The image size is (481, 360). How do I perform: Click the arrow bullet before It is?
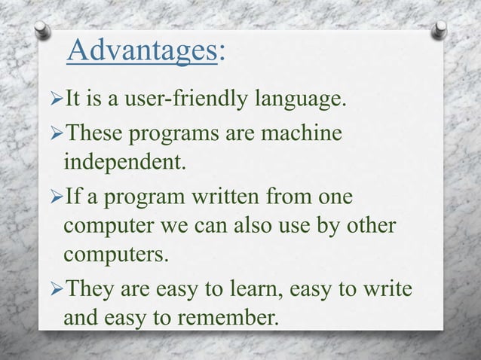pyautogui.click(x=56, y=97)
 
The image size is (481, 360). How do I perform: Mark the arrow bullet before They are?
pyautogui.click(x=56, y=292)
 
